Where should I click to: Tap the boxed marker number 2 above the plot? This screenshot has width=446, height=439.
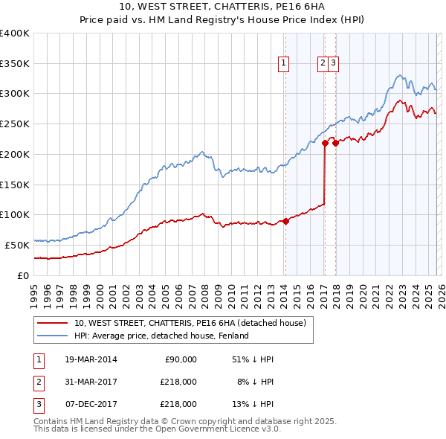[x=323, y=64]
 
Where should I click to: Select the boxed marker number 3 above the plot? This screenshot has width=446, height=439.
[x=334, y=64]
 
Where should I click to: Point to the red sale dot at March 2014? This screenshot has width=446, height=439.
[x=285, y=221]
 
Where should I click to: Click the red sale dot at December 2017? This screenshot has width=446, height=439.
[x=335, y=143]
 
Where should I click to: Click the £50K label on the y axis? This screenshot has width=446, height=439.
[x=17, y=245]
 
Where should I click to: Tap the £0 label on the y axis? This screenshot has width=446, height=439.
[x=23, y=275]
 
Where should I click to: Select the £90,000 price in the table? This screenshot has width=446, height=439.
[x=179, y=359]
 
